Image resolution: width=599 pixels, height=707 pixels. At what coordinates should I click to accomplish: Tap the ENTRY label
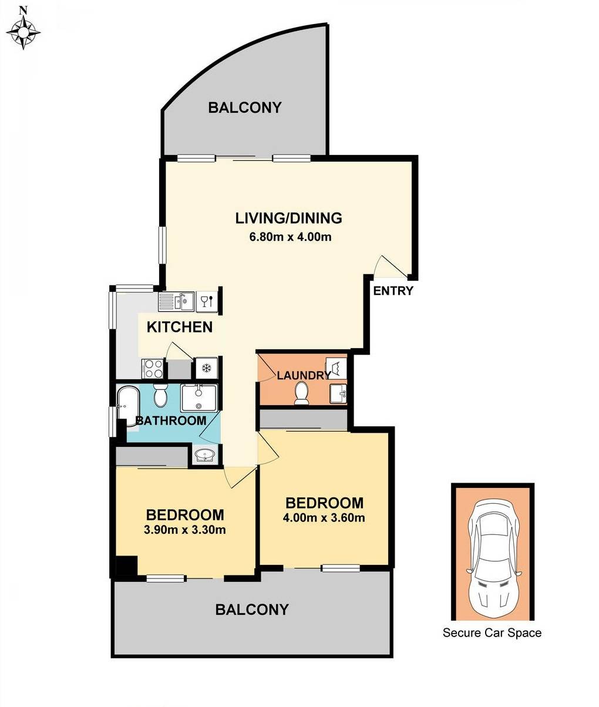click(393, 291)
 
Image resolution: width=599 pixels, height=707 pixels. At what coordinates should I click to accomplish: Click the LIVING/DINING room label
click(288, 218)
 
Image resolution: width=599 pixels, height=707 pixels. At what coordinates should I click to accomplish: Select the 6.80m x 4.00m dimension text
click(290, 237)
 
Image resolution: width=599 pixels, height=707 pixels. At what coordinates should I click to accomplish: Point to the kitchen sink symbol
click(177, 301)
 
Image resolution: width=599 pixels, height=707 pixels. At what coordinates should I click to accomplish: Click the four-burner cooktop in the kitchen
click(153, 368)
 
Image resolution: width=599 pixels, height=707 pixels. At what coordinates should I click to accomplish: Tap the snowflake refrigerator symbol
click(207, 368)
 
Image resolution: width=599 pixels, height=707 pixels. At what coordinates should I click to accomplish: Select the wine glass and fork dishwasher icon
click(207, 301)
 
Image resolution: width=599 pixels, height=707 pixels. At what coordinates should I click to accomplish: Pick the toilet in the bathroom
click(160, 395)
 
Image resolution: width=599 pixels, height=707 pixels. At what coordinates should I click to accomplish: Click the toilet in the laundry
click(301, 393)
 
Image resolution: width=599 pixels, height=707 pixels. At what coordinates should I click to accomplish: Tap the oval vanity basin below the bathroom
click(205, 455)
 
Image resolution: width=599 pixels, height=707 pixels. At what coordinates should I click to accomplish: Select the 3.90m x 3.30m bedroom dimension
click(185, 530)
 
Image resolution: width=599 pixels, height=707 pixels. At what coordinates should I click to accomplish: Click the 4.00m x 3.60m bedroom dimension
click(324, 517)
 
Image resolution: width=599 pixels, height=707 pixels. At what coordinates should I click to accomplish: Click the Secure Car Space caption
click(492, 632)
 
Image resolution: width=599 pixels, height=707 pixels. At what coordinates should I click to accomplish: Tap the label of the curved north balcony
click(245, 107)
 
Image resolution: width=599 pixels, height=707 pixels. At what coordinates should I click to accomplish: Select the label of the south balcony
click(252, 610)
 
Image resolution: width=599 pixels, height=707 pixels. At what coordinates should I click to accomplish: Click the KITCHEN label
click(180, 327)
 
